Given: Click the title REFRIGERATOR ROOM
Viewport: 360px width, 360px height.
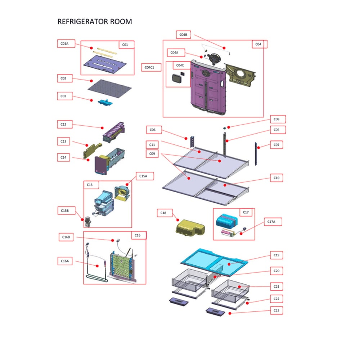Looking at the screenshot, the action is (95, 22).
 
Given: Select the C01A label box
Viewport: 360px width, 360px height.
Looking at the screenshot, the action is (66, 44).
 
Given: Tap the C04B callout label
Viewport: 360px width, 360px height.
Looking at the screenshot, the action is (184, 35).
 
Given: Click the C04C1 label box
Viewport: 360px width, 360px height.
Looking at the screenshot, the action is (151, 67).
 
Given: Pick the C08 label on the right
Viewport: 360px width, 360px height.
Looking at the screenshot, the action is (278, 119).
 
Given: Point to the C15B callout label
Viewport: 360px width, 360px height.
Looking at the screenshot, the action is (66, 211).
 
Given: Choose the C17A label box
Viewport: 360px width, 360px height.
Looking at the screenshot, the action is (273, 222).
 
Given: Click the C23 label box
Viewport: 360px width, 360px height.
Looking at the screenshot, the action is (276, 310).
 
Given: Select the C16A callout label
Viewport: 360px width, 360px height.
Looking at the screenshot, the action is (65, 261).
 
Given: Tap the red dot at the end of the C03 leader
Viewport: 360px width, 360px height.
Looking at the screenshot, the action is (91, 100).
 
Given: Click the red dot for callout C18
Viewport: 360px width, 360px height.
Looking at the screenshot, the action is (178, 220).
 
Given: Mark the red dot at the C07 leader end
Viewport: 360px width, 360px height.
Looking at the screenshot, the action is (258, 148).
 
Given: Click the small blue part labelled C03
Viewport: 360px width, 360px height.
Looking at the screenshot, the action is (105, 102).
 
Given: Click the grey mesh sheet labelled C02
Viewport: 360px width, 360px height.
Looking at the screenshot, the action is (110, 89).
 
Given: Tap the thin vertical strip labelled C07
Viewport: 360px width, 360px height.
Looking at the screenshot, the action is (256, 154).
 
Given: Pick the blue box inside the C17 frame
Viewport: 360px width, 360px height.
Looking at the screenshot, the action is (227, 221).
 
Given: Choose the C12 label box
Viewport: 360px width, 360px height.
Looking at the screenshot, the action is (65, 125).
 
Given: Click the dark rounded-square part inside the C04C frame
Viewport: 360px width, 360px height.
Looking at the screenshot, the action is (177, 78).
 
